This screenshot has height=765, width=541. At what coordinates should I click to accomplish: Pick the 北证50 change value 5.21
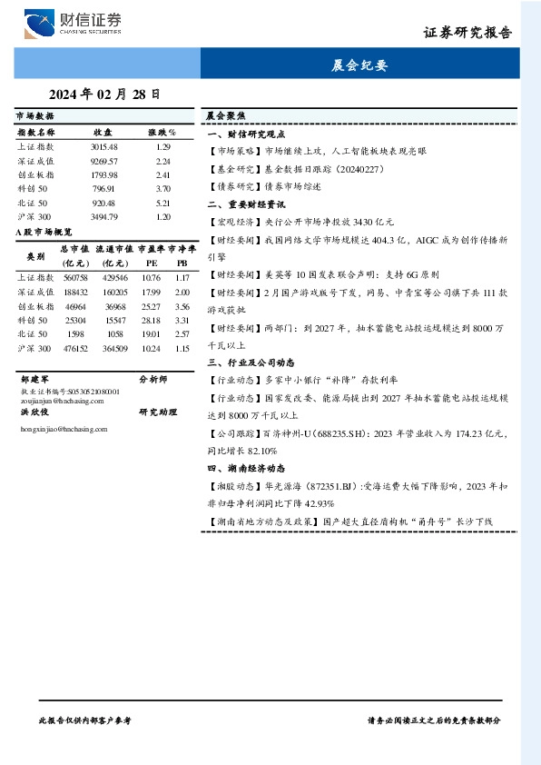[163, 204]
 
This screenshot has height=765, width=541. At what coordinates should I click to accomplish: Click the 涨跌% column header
[162, 132]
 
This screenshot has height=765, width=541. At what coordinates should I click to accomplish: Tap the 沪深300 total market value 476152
[74, 348]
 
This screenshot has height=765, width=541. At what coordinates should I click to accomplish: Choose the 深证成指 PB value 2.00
[182, 293]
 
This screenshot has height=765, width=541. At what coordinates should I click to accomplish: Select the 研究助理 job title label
[155, 412]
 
